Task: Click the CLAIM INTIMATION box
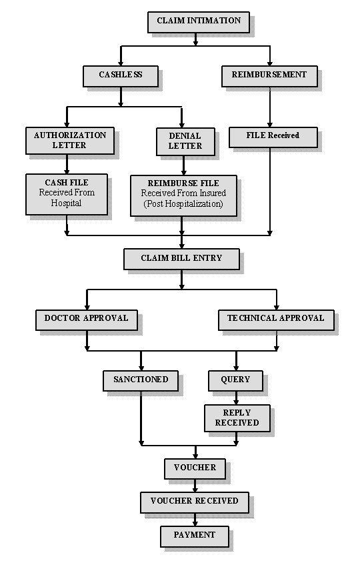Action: [199, 22]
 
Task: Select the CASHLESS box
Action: [121, 76]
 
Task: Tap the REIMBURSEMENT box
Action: [269, 76]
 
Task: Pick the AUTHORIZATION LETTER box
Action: [70, 141]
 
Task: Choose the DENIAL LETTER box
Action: [185, 141]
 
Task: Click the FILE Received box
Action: [273, 137]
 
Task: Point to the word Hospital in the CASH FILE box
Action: [66, 203]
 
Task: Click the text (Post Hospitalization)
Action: [183, 204]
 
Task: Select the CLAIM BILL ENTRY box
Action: [181, 259]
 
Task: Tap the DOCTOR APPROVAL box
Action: [87, 320]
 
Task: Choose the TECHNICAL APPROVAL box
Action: [277, 320]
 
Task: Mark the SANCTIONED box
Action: [141, 381]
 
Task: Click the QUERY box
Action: [235, 381]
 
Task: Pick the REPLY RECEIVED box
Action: [237, 418]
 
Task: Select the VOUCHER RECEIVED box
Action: [195, 503]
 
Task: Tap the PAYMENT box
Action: [195, 536]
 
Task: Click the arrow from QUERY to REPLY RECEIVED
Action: [236, 398]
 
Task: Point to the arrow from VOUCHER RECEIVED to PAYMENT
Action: [195, 520]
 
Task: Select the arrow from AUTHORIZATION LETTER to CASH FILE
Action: [67, 164]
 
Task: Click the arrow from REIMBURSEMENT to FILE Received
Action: [270, 107]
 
